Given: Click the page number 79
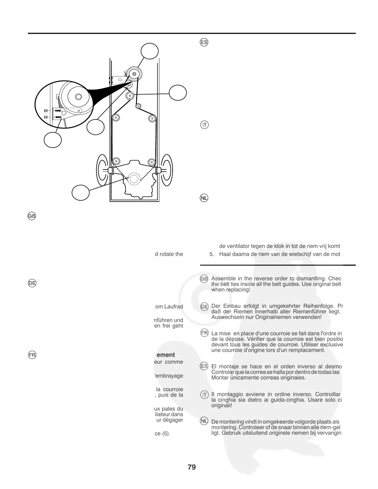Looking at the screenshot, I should coord(191,467).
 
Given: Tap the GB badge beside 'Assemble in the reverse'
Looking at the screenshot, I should coord(204,279).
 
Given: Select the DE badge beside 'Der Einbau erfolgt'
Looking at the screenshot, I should coord(204,307).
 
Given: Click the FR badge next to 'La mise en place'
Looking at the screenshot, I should coord(204,333).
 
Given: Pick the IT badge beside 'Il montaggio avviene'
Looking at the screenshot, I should coord(204,395).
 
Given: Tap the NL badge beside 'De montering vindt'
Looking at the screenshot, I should coord(204,421).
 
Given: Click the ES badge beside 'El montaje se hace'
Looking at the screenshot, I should coord(204,366).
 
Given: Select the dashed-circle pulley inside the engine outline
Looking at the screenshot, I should coord(134,179).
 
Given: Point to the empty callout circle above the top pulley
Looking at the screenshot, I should coord(150,51).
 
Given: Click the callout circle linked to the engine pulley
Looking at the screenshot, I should coord(81,192).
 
